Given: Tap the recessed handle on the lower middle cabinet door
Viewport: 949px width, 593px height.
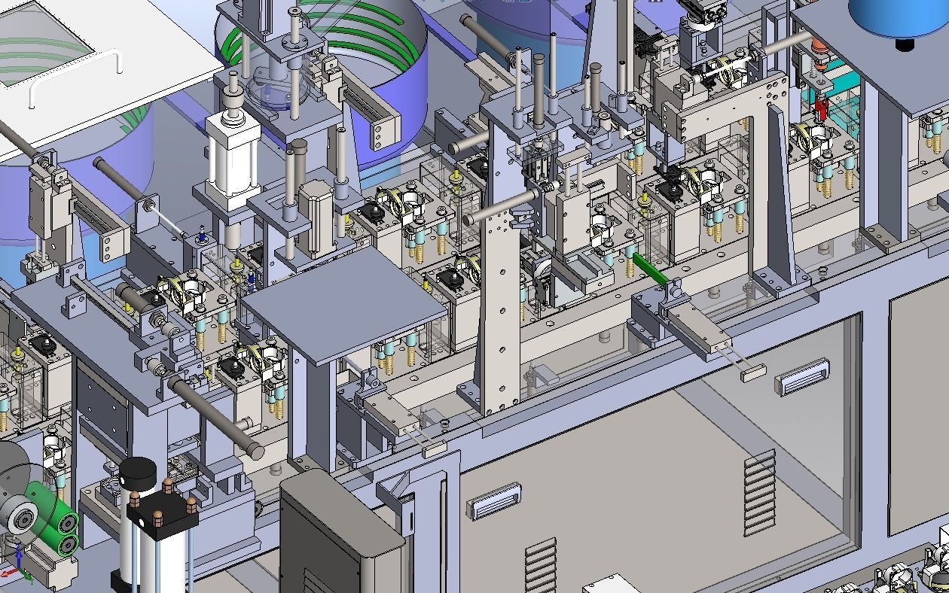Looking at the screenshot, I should coord(494,501).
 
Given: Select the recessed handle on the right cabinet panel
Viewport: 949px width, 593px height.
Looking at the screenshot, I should coord(803,376).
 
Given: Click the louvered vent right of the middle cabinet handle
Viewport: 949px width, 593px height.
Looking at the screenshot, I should coord(760,493).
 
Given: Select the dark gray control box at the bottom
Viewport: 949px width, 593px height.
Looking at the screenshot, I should coord(339,538).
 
